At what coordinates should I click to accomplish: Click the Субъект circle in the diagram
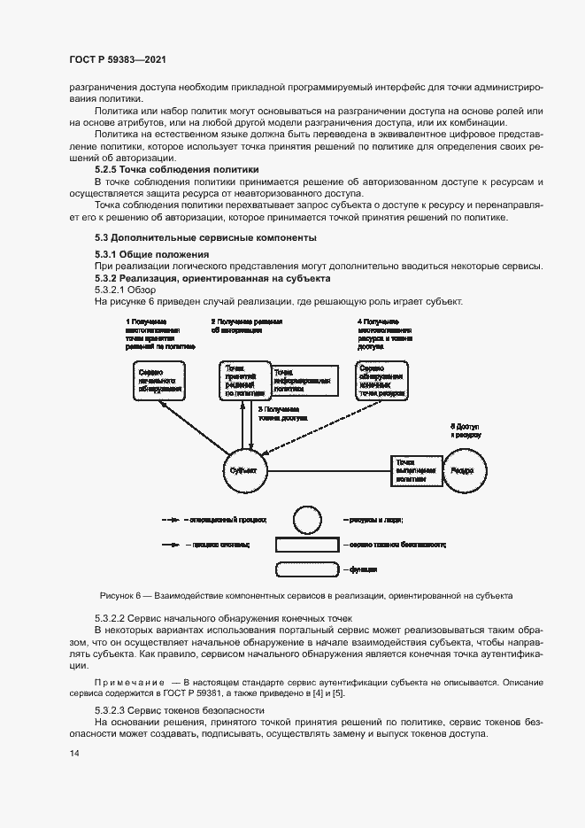(x=243, y=470)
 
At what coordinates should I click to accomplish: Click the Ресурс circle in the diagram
(x=463, y=470)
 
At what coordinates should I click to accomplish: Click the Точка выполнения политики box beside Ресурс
(x=416, y=470)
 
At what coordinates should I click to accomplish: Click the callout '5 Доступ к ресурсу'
(x=465, y=431)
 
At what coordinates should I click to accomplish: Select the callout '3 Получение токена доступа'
(x=281, y=412)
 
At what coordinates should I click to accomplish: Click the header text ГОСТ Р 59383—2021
(x=118, y=59)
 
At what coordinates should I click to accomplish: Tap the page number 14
(x=73, y=754)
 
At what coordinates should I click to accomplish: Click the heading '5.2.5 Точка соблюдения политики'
(x=177, y=168)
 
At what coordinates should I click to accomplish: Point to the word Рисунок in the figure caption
(x=119, y=595)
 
